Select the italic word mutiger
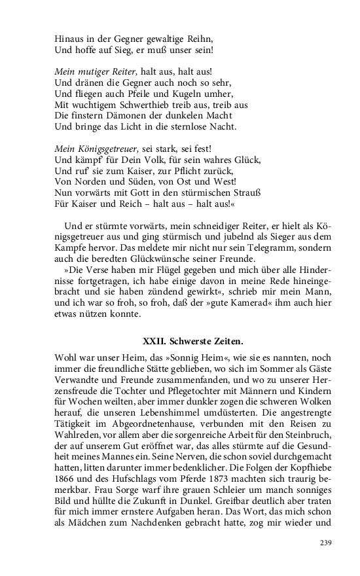[x=92, y=71]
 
